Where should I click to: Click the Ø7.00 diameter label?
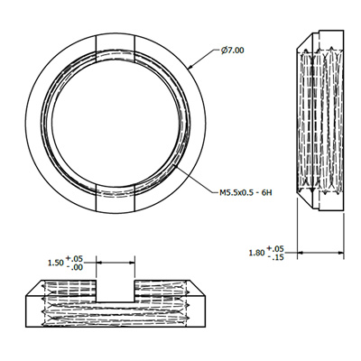232,51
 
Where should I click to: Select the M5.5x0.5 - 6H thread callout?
245,192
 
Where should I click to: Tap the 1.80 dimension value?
256,253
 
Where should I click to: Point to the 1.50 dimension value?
56,263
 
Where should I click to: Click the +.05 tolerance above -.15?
275,248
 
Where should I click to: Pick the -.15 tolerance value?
275,257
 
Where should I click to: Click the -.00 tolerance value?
74,267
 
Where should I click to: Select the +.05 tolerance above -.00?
74,258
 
